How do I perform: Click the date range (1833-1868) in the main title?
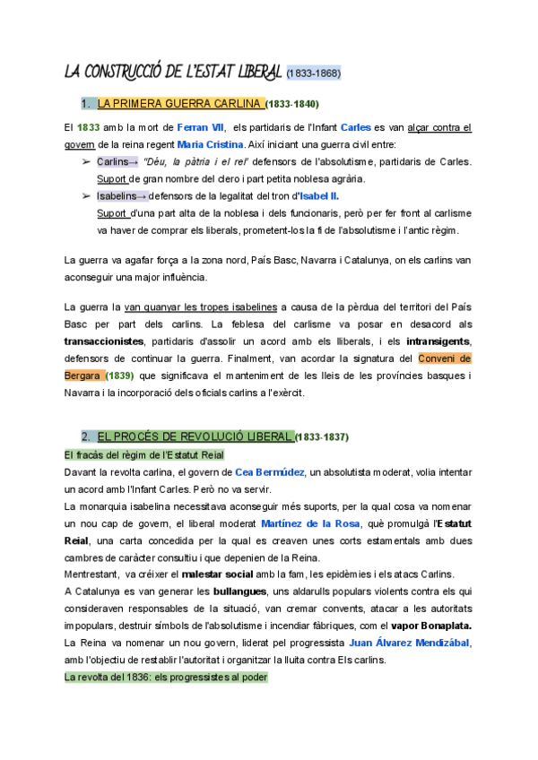point(314,73)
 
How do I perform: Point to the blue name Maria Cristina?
point(210,144)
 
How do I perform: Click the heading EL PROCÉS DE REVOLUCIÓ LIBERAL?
point(195,436)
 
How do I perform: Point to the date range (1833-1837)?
point(322,437)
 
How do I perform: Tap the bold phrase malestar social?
point(225,574)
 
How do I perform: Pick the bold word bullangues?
point(240,592)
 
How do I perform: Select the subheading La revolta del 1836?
point(166,678)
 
